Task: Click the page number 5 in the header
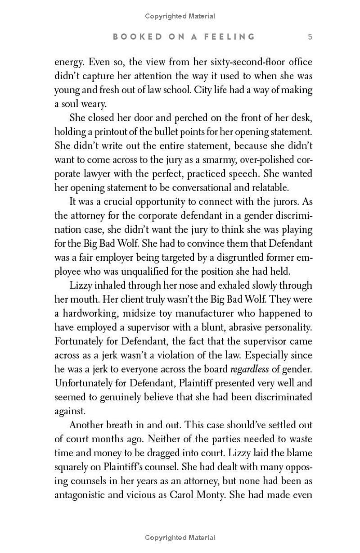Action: click(x=310, y=37)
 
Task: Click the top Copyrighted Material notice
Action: click(x=180, y=16)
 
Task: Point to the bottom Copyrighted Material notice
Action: click(x=180, y=538)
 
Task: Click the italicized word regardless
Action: click(x=249, y=369)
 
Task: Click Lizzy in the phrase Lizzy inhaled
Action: click(x=80, y=286)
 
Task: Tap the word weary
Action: click(x=93, y=104)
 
